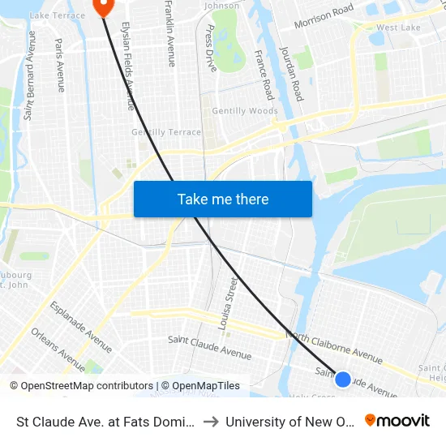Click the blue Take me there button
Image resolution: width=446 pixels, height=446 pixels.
click(x=223, y=199)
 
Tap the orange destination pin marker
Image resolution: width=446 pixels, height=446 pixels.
click(x=103, y=6)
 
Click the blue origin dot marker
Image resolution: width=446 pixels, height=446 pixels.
click(x=343, y=379)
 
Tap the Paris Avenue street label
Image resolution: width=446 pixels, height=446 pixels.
click(x=60, y=64)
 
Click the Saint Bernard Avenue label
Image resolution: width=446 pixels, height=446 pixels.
click(x=30, y=75)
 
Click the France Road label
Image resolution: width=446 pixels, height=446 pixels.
click(x=263, y=75)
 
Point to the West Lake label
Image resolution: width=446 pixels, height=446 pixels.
click(x=398, y=28)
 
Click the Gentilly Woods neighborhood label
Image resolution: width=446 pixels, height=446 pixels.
click(x=245, y=111)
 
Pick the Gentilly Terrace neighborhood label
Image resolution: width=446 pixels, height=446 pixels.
click(x=166, y=132)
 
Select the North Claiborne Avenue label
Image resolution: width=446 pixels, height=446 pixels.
click(x=334, y=347)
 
